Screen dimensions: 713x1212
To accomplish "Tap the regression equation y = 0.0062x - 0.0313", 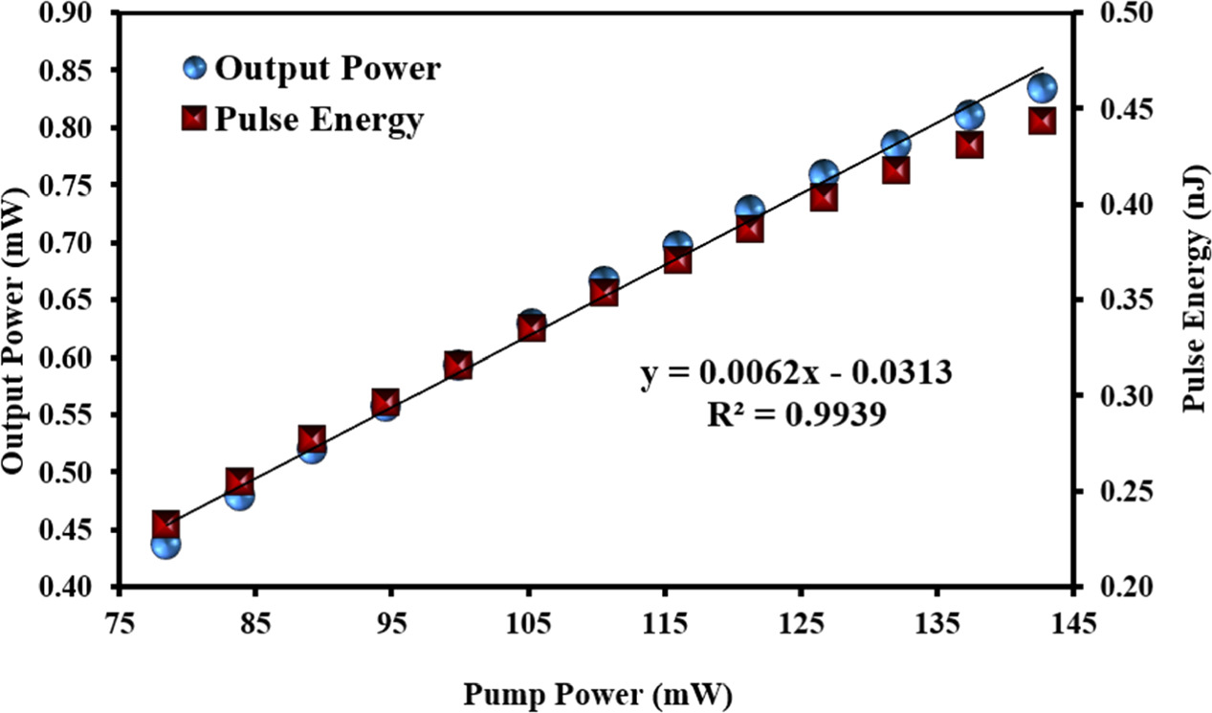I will pos(796,372).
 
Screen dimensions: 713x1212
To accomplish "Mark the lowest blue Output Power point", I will pos(165,544).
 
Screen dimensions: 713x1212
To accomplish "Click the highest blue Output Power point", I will pos(1042,88).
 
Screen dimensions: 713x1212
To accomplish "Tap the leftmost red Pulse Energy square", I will pos(165,524).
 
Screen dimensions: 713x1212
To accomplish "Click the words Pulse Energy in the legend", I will pos(320,120).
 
